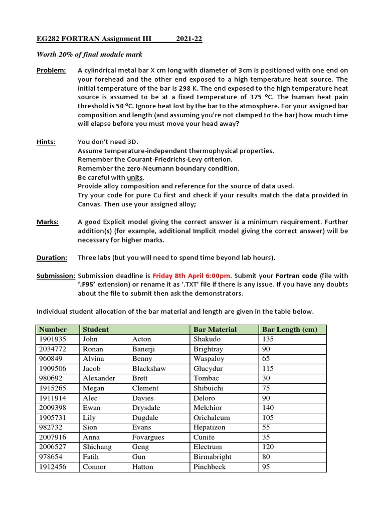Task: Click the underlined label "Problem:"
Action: (x=51, y=71)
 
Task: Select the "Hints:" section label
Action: (x=46, y=142)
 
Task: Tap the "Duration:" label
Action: (x=52, y=258)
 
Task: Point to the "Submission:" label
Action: (x=56, y=276)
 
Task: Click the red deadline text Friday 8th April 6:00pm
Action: (x=191, y=276)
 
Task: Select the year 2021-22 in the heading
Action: (x=189, y=39)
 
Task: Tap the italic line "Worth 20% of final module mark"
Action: (x=89, y=55)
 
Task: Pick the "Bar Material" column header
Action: (x=215, y=330)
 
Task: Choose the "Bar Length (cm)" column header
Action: (x=288, y=330)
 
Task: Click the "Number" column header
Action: (x=53, y=330)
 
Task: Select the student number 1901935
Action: (x=52, y=339)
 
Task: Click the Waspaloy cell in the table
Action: (x=209, y=359)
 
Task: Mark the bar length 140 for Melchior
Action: (x=268, y=408)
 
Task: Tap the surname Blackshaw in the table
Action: (x=149, y=369)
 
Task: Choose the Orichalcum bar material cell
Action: (x=212, y=418)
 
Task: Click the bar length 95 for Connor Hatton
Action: (x=266, y=467)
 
